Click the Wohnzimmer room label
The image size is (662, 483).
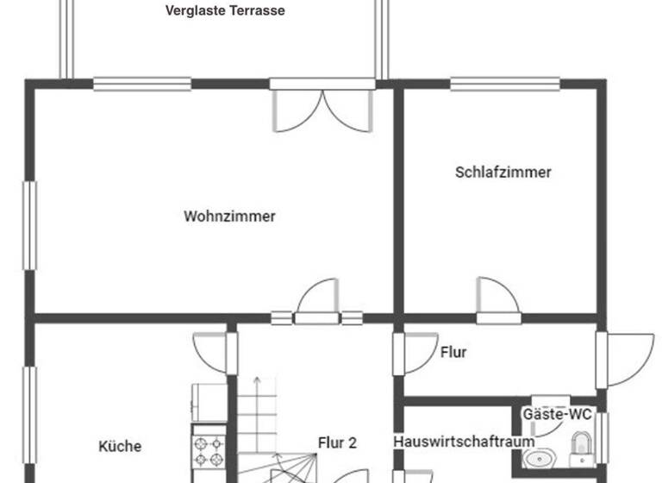pos(229,216)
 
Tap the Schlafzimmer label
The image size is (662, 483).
pos(503,172)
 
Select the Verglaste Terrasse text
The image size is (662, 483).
pos(225,11)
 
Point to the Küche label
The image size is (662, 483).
pos(120,446)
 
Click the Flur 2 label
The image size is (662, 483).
pos(336,443)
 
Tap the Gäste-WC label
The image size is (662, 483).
pos(558,415)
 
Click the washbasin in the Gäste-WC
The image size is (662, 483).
pos(540,457)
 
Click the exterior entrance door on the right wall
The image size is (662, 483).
pos(625,358)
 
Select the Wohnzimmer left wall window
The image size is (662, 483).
pos(30,225)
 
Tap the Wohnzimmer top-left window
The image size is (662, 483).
pos(142,85)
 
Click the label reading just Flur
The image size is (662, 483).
pos(453,352)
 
